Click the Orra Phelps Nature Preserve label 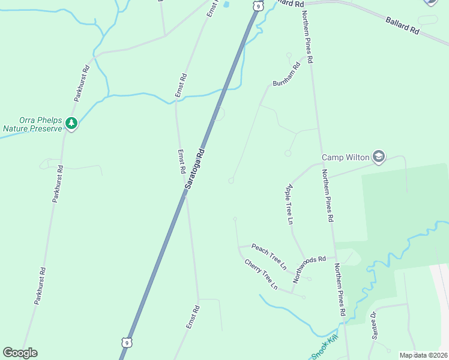(32, 124)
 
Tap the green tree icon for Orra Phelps (72, 124)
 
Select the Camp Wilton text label (345, 158)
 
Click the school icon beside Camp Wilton (378, 157)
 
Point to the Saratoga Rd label (195, 170)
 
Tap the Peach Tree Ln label (270, 256)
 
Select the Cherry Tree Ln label (261, 274)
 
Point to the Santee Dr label (374, 325)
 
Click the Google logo (20, 353)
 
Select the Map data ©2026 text (424, 355)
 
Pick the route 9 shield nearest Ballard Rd (258, 5)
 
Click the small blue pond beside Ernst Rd (226, 5)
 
